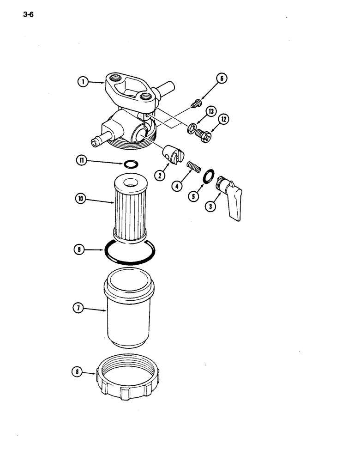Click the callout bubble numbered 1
(x=83, y=82)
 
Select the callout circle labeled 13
(x=211, y=111)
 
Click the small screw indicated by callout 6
(x=197, y=103)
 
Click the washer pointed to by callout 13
(x=191, y=127)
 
